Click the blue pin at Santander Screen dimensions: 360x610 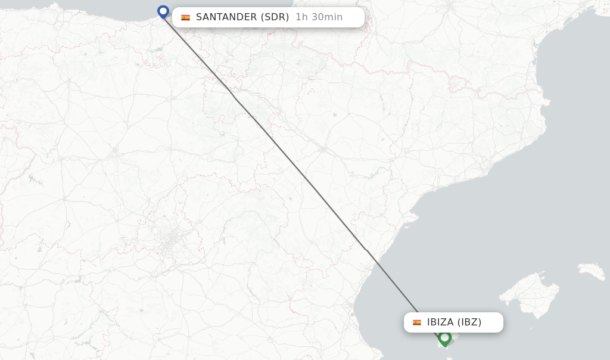pos(163,11)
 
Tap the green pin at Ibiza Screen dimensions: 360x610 pos(444,338)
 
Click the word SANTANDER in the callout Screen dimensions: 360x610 pos(226,17)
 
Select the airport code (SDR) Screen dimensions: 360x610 pos(275,17)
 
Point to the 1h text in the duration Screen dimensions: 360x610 pos(301,17)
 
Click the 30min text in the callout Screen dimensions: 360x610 pos(326,17)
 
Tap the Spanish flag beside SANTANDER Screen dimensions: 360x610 pos(185,18)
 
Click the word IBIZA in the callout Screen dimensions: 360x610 pos(440,322)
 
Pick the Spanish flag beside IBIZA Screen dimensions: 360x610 pos(417,322)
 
